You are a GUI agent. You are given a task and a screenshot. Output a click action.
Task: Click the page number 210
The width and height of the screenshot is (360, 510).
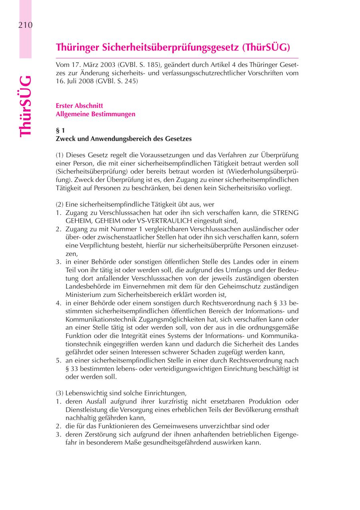pyautogui.click(x=25, y=25)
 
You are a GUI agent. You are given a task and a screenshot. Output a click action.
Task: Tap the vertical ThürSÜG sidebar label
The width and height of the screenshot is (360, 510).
pyautogui.click(x=25, y=106)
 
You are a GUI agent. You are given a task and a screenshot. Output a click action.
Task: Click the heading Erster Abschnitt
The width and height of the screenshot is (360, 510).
pyautogui.click(x=80, y=106)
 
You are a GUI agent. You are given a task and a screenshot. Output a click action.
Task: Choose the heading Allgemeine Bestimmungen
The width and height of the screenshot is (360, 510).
pyautogui.click(x=96, y=114)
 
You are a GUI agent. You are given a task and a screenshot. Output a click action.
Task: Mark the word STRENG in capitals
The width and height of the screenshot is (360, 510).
pyautogui.click(x=286, y=212)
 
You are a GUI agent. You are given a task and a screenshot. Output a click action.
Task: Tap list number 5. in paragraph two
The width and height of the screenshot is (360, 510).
pyautogui.click(x=59, y=360)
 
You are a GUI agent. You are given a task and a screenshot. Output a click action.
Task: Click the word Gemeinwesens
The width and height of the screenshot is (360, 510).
pyautogui.click(x=172, y=426)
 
